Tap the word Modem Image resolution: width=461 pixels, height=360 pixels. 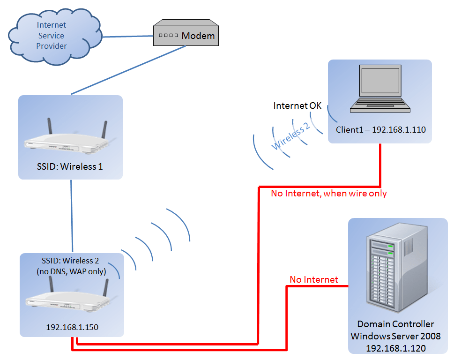[198, 36]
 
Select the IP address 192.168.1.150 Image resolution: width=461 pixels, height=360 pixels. [72, 327]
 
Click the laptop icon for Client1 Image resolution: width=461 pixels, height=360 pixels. [379, 89]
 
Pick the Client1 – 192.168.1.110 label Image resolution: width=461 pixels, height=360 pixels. [380, 129]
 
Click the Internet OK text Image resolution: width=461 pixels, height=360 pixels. [297, 106]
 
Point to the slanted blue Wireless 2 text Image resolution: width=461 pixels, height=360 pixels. [291, 136]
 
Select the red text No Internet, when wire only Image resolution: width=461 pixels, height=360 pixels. [329, 193]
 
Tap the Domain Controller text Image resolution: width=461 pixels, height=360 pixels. [395, 324]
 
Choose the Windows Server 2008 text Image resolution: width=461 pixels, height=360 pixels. [395, 336]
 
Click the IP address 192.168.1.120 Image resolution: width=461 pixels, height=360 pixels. [395, 347]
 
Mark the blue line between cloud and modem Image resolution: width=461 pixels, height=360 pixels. [128, 37]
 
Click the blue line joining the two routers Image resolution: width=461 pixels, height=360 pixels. [72, 216]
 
